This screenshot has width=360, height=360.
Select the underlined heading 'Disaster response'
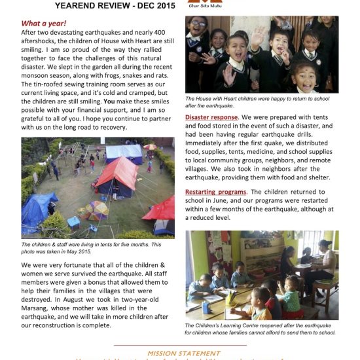pos(212,117)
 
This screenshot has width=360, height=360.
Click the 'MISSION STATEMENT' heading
pos(180,351)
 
